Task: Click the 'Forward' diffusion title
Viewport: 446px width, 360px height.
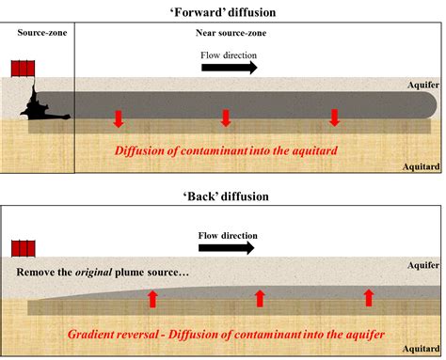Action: [x=223, y=10]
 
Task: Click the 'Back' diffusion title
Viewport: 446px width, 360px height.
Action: [x=223, y=196]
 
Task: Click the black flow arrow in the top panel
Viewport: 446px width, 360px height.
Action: [x=229, y=69]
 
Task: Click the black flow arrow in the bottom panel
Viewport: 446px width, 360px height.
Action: [x=226, y=248]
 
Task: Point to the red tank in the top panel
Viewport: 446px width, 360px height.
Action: [x=23, y=70]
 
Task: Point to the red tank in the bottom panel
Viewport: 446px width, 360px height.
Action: [x=23, y=248]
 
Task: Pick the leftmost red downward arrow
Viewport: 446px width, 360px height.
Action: [x=118, y=118]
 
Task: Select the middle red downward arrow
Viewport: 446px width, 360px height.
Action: [x=225, y=118]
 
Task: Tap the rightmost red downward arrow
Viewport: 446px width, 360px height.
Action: [x=332, y=118]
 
